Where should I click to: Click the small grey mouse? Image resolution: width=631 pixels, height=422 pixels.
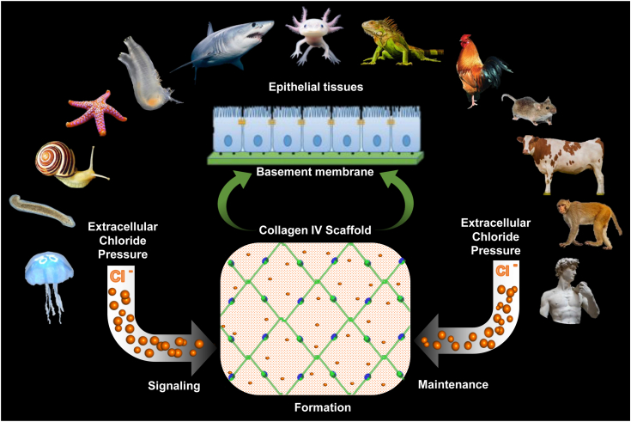tap(531, 109)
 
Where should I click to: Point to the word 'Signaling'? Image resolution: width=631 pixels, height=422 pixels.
tap(173, 386)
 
